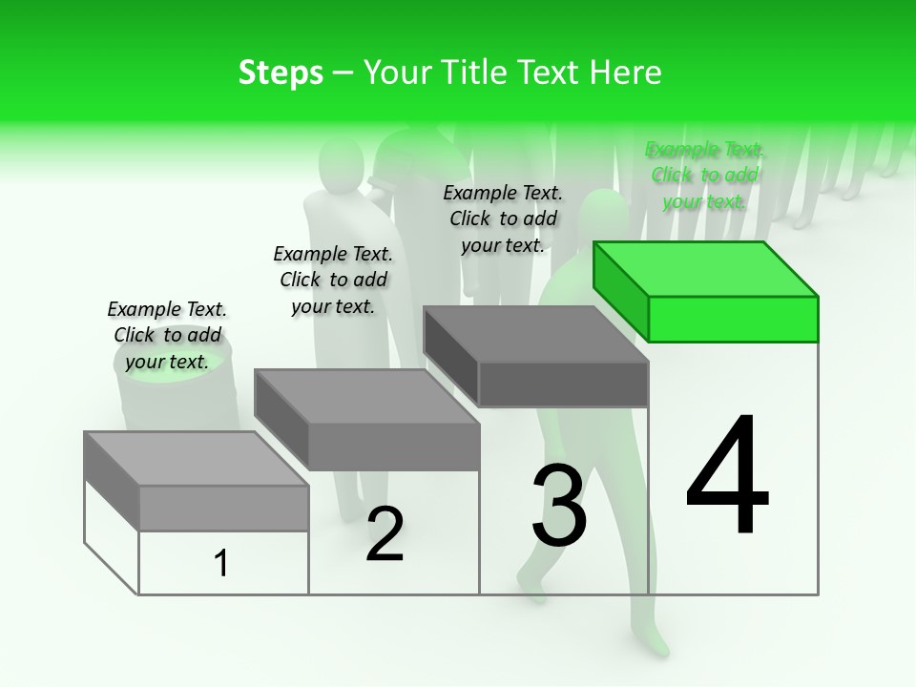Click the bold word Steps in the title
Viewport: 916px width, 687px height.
pos(281,73)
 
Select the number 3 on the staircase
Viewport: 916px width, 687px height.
pos(559,507)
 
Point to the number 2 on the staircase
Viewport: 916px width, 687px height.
pos(385,535)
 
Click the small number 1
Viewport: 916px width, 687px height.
pos(221,563)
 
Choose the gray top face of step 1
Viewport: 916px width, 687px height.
pos(197,458)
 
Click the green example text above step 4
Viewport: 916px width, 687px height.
pos(705,176)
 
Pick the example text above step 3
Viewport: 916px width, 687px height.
pos(503,219)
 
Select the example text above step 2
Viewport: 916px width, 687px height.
pos(333,280)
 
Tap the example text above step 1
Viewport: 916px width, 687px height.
pos(167,335)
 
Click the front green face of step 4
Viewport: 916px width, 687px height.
pos(733,319)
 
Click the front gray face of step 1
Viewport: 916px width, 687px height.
pos(223,508)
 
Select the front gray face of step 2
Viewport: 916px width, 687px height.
pos(393,446)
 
